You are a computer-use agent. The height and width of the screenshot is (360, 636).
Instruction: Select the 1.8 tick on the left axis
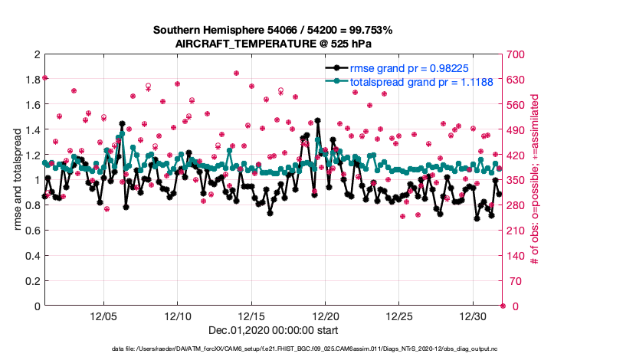coord(31,80)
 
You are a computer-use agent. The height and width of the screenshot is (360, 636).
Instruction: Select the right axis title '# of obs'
coord(535,181)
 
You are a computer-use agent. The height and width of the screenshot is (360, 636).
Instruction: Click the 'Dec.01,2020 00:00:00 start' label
coord(273,330)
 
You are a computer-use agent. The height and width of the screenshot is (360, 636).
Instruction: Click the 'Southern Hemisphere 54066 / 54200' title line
coord(273,31)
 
